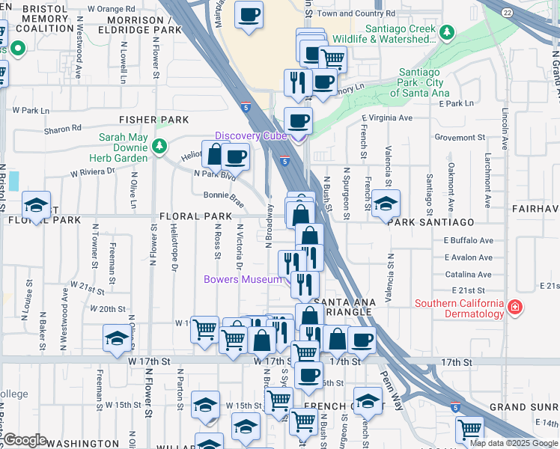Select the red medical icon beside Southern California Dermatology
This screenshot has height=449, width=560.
[x=514, y=308]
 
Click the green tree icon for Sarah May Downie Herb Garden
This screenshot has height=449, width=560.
[x=159, y=147]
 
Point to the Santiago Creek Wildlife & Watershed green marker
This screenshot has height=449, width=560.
[x=447, y=32]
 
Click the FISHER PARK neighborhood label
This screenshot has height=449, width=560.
[x=153, y=120]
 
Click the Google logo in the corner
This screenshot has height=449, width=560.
[x=25, y=440]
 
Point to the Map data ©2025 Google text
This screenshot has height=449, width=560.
[x=514, y=443]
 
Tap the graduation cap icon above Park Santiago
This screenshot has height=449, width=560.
[x=386, y=203]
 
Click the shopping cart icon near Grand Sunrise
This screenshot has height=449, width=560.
[x=469, y=429]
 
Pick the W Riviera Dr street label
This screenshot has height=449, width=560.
[x=93, y=171]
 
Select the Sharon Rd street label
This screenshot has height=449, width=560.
[x=62, y=129]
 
